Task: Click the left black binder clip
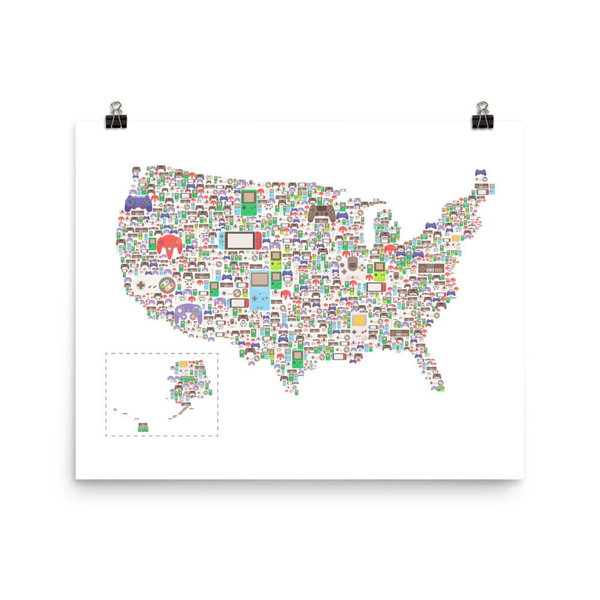click(116, 116)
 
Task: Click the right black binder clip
click(482, 116)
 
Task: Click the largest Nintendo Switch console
click(241, 241)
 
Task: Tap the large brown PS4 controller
click(321, 213)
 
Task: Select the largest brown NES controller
click(431, 268)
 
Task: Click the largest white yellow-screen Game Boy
click(359, 326)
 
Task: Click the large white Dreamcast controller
click(352, 268)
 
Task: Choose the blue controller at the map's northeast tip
click(480, 172)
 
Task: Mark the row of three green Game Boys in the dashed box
click(143, 428)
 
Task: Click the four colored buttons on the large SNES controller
click(167, 284)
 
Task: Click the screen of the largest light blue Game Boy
click(260, 280)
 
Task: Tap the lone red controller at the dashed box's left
click(115, 409)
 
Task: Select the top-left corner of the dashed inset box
click(106, 354)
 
